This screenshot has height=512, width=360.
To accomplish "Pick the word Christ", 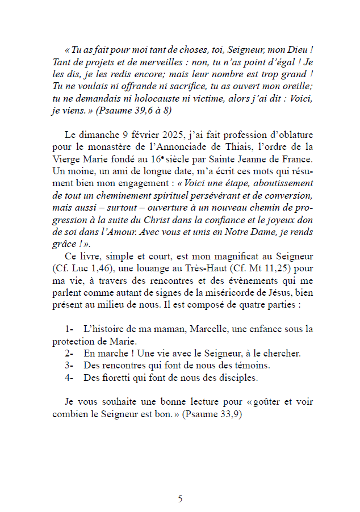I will tap(145, 220).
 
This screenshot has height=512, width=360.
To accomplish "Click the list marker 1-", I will tap(70, 329).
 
